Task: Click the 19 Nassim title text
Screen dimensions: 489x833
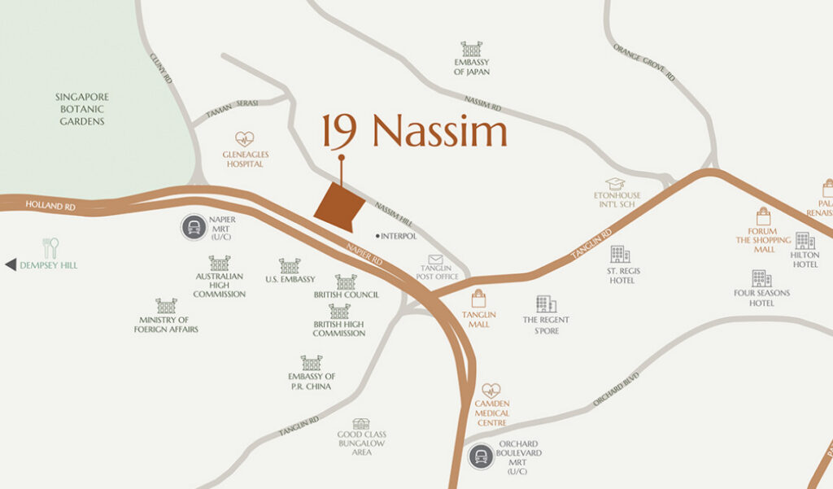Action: (x=414, y=132)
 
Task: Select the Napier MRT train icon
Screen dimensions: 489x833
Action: (x=194, y=227)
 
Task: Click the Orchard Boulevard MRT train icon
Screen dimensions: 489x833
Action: (x=481, y=457)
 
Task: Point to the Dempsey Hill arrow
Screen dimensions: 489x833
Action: (x=10, y=265)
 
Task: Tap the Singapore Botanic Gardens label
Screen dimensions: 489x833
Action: (x=81, y=109)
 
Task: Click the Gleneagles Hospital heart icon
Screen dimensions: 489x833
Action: (x=244, y=140)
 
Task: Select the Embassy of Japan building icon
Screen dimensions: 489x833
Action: (x=471, y=49)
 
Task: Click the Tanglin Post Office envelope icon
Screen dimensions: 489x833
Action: (x=436, y=260)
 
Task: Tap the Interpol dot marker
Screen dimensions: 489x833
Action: (x=378, y=236)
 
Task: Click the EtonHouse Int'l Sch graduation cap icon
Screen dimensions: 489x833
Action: (x=615, y=184)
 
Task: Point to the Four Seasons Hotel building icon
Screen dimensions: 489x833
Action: (x=761, y=278)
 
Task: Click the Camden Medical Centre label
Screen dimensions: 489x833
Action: (x=491, y=413)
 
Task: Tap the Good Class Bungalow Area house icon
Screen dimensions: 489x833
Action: (x=360, y=424)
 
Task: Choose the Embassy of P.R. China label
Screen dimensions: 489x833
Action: (x=312, y=381)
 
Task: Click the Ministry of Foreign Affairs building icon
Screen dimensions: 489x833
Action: (x=166, y=306)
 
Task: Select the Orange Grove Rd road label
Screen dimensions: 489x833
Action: (x=645, y=63)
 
